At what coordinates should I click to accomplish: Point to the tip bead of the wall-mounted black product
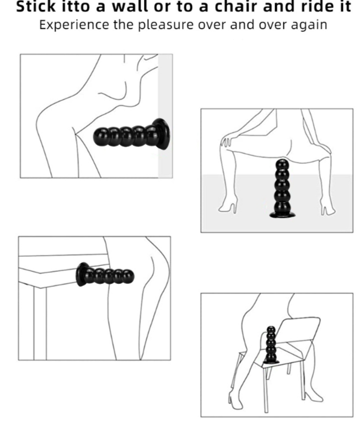(x=101, y=134)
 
